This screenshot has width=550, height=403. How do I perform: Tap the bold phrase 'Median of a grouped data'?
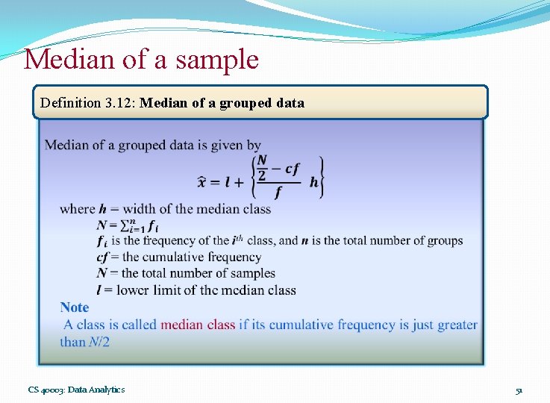tap(222, 103)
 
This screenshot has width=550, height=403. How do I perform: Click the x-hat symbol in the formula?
tap(203, 182)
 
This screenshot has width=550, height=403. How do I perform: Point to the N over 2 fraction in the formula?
tap(261, 169)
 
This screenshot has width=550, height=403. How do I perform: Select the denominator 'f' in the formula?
tap(278, 193)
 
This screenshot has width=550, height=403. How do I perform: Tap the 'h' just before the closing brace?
tap(313, 182)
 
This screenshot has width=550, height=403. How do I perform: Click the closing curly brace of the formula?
tap(321, 178)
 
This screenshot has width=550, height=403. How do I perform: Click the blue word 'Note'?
tap(75, 307)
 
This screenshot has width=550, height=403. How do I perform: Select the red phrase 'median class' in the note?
tap(198, 325)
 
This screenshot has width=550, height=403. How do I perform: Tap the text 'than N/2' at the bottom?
tap(85, 342)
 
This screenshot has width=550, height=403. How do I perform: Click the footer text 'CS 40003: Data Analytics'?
tap(76, 390)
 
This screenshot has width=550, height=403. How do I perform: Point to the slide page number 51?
tap(519, 390)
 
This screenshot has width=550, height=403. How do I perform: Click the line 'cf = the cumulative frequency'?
tap(179, 257)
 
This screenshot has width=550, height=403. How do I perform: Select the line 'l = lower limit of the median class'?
tap(196, 290)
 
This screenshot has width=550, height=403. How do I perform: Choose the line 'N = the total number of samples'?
tap(186, 273)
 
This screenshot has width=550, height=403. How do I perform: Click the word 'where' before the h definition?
tap(78, 209)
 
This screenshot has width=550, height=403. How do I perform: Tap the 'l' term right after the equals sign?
tap(238, 182)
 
